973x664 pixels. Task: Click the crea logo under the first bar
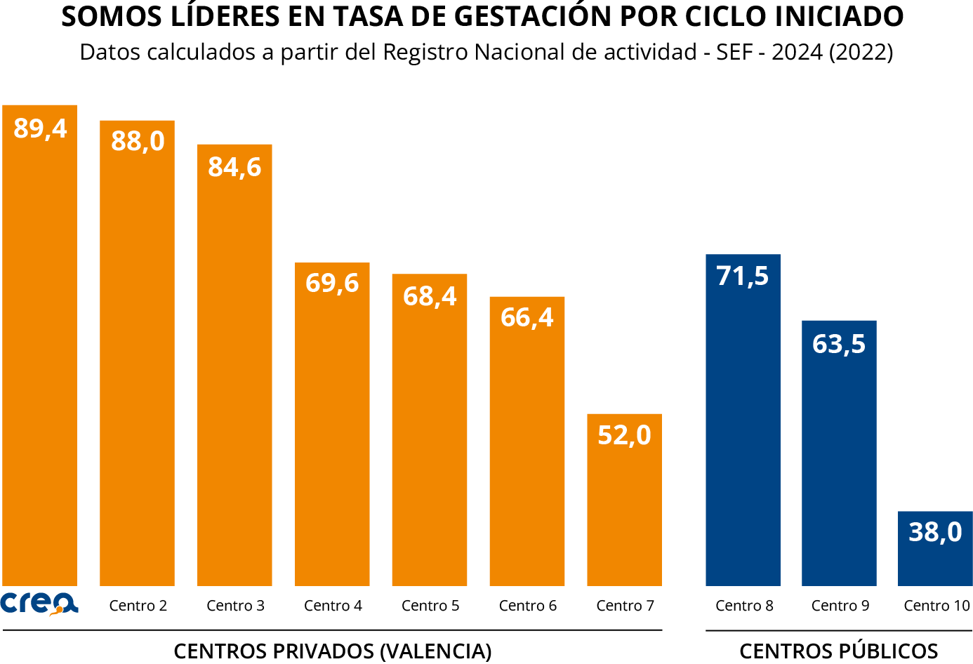[x=39, y=604]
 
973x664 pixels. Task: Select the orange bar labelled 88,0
[x=137, y=365]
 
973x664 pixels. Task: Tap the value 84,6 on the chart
[x=234, y=167]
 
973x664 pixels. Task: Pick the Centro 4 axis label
[x=333, y=606]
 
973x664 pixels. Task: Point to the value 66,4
[x=527, y=318]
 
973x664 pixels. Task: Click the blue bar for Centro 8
[x=743, y=435]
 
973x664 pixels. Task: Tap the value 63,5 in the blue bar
[x=839, y=344]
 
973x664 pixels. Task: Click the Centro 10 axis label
[x=936, y=606]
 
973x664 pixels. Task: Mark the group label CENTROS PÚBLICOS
[x=839, y=651]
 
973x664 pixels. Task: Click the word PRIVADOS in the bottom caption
[x=323, y=651]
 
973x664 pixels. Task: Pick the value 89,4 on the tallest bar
[x=40, y=128]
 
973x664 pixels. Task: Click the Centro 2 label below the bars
[x=138, y=606]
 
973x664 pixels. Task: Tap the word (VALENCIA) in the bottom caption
[x=435, y=651]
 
